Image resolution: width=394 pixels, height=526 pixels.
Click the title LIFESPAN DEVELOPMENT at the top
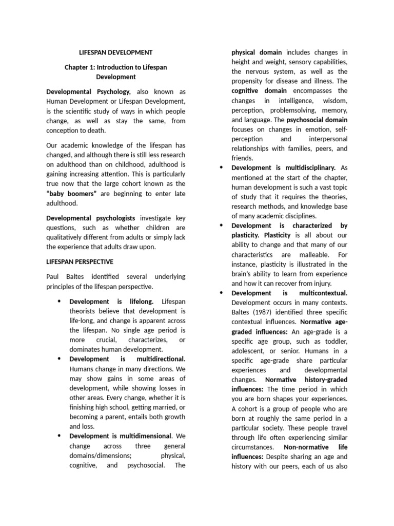[115, 52]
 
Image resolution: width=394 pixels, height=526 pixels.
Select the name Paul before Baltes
[54, 277]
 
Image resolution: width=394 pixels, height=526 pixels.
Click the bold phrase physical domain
[257, 52]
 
